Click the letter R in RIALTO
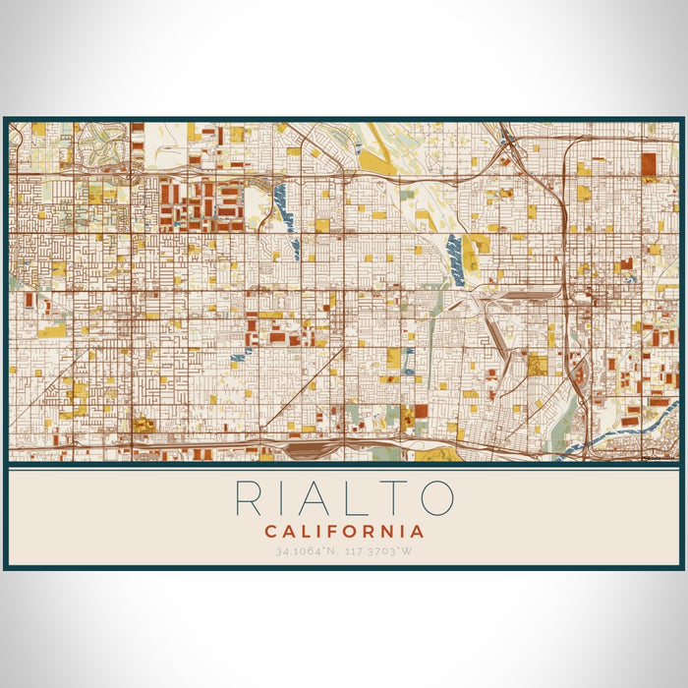[x=252, y=498]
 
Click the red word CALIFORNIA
[x=344, y=532]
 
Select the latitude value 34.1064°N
[x=306, y=551]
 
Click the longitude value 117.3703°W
[x=381, y=551]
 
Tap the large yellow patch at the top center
[x=375, y=162]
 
